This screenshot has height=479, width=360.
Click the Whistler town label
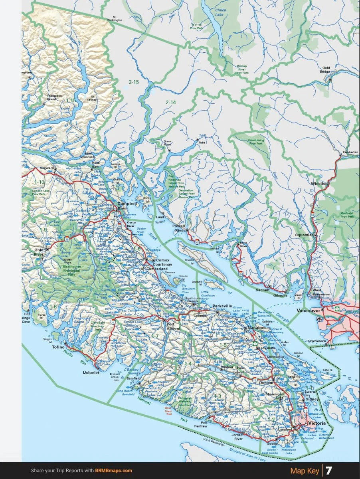click(319, 184)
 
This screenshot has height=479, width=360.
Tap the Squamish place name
click(304, 235)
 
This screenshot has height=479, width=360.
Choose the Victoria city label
click(316, 423)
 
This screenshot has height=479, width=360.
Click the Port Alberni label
click(172, 326)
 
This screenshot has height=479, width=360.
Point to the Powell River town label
click(179, 228)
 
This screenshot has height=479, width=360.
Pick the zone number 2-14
click(170, 102)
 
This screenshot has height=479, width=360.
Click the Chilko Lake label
click(220, 12)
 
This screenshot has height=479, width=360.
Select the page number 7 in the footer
click(329, 471)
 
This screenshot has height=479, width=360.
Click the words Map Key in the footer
click(305, 471)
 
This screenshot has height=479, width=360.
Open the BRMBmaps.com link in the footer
click(113, 471)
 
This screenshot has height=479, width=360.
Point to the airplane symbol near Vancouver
click(319, 319)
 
